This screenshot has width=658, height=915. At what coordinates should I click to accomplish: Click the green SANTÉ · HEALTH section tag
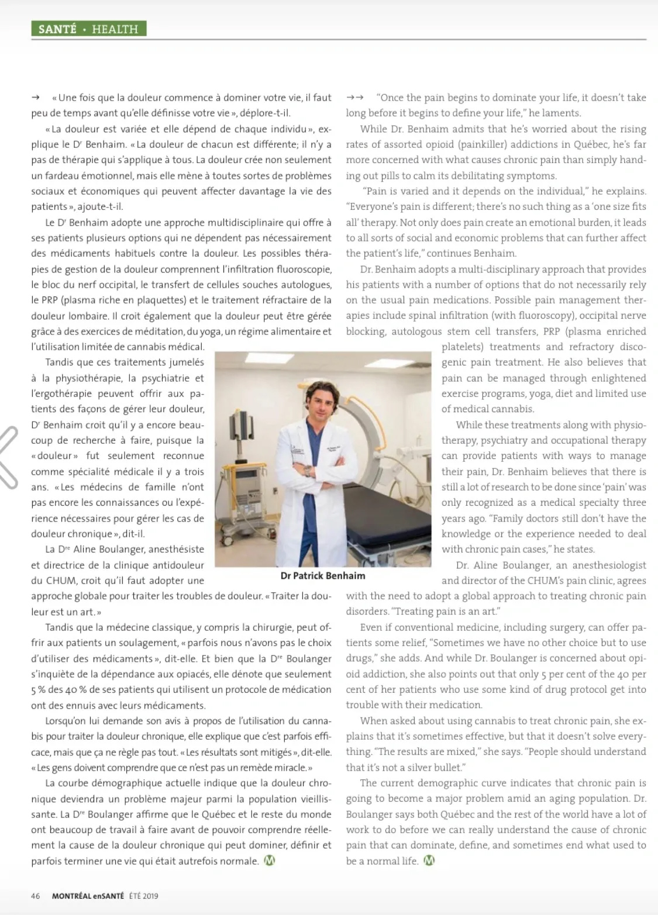[x=88, y=29]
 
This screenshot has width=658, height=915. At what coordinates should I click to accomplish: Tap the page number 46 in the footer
[x=36, y=896]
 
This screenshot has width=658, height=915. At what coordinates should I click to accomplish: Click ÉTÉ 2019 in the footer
[x=143, y=896]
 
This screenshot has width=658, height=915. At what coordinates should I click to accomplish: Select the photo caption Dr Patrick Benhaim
[x=323, y=575]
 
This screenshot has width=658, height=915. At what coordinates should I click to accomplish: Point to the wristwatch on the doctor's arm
[x=306, y=468]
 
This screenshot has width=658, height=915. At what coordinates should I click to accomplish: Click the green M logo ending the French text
[x=270, y=860]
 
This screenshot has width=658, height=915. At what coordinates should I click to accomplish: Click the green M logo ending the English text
[x=429, y=860]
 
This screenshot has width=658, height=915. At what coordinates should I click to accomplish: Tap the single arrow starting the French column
[x=36, y=98]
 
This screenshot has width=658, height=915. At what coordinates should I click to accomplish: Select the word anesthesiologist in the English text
[x=609, y=565]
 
